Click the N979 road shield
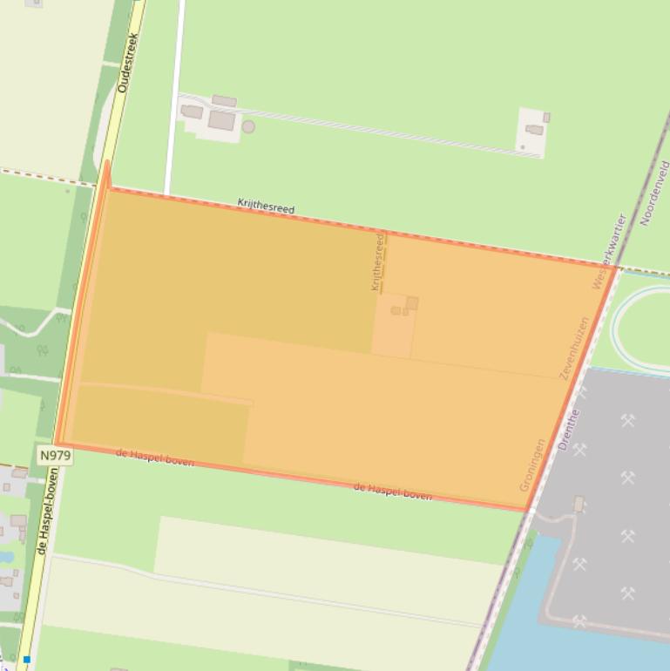[55, 455]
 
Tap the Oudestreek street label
[128, 63]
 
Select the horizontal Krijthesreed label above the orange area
[266, 207]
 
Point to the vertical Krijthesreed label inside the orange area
[377, 261]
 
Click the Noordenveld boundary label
[653, 193]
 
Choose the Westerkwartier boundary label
[609, 251]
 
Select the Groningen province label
[532, 464]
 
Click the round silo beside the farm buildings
[248, 127]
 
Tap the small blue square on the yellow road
[27, 660]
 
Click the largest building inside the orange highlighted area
[411, 302]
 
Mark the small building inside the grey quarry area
[579, 504]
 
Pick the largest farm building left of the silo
[221, 121]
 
